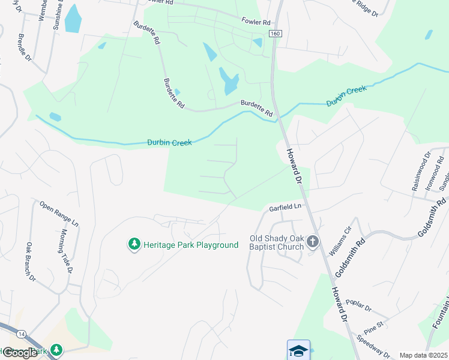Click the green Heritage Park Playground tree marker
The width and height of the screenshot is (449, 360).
(134, 244)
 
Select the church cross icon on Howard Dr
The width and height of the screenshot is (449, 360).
(312, 242)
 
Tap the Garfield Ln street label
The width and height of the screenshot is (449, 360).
(284, 207)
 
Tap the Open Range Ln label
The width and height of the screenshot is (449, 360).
(59, 213)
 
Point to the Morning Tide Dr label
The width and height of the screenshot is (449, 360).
(66, 251)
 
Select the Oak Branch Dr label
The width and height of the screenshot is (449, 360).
(31, 262)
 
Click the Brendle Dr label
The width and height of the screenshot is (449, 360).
(25, 47)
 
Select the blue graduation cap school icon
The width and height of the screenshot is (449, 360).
(298, 350)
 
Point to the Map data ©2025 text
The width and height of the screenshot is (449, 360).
(423, 355)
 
